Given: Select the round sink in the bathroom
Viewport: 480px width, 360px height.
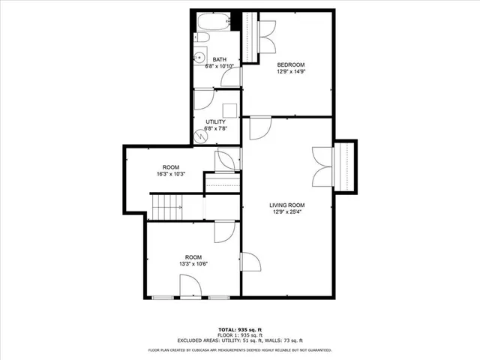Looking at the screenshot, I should [x=200, y=56].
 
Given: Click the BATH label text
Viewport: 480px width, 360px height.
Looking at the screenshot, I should [x=220, y=59].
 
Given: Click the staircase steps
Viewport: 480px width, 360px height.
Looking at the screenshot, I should [x=167, y=205].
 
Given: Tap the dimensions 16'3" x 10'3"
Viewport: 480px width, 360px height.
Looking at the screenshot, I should [x=171, y=174].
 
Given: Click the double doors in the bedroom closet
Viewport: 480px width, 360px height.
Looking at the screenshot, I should [x=263, y=32].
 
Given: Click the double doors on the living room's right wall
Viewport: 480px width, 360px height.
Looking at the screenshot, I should [x=321, y=166].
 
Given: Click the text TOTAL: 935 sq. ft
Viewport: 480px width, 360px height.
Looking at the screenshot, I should [x=240, y=329].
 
